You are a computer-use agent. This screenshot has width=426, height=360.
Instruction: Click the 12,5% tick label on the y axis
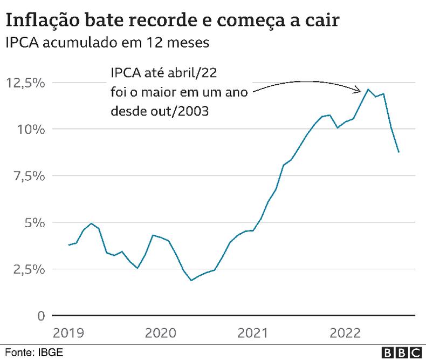25,83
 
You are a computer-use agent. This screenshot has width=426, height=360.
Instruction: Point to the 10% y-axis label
30,130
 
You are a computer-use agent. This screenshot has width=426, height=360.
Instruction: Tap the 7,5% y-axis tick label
25,176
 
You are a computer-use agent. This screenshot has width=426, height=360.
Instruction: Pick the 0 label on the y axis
40,316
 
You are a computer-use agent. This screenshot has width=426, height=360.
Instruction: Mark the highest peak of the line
368,89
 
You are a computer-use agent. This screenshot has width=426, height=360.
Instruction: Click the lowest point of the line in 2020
191,280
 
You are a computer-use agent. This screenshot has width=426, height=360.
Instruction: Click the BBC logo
401,352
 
